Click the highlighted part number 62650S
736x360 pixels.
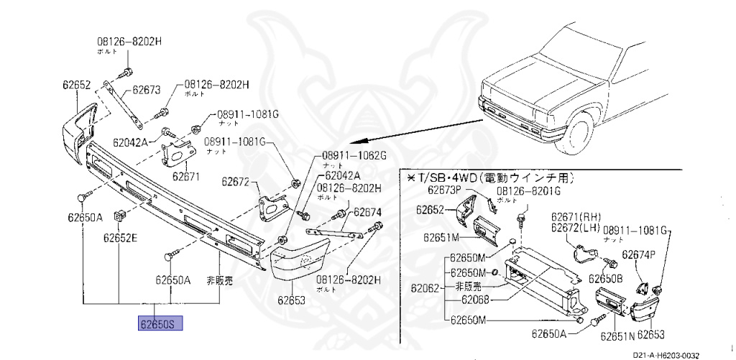[161, 325]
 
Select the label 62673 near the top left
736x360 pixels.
[146, 91]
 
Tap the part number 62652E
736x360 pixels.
[120, 238]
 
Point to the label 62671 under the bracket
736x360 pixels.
[185, 176]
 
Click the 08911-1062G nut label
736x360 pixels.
[354, 155]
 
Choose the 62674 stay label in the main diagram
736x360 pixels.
[367, 213]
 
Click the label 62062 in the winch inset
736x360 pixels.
[425, 289]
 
